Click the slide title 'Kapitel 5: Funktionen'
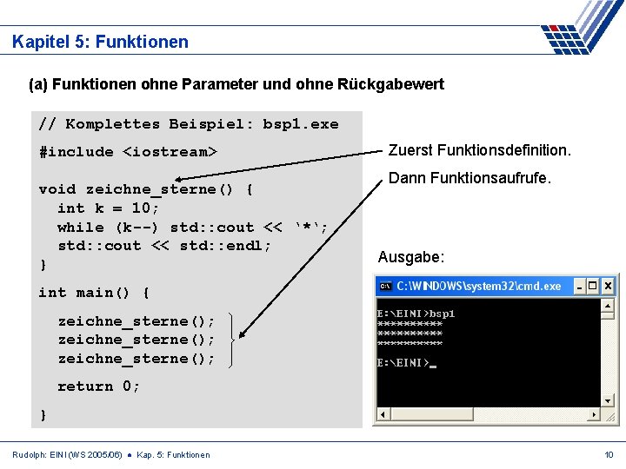click(x=100, y=42)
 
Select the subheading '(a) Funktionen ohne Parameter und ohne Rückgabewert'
click(x=236, y=84)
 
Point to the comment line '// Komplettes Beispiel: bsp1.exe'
click(x=189, y=123)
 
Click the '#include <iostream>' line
click(x=128, y=151)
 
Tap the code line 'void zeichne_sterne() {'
click(x=146, y=188)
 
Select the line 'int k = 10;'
click(x=109, y=208)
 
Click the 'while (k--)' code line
click(x=192, y=227)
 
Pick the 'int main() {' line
click(x=94, y=292)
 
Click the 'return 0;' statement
click(x=98, y=386)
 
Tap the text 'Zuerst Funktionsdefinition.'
click(x=479, y=150)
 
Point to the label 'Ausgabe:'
click(x=411, y=257)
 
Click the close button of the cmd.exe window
click(x=608, y=286)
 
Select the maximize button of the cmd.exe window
click(x=593, y=286)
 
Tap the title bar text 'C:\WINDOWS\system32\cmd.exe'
click(x=479, y=286)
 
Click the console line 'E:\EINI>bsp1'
click(x=416, y=313)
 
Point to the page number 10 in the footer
click(x=609, y=454)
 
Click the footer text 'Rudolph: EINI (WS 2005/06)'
click(x=67, y=454)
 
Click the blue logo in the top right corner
click(x=578, y=28)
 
